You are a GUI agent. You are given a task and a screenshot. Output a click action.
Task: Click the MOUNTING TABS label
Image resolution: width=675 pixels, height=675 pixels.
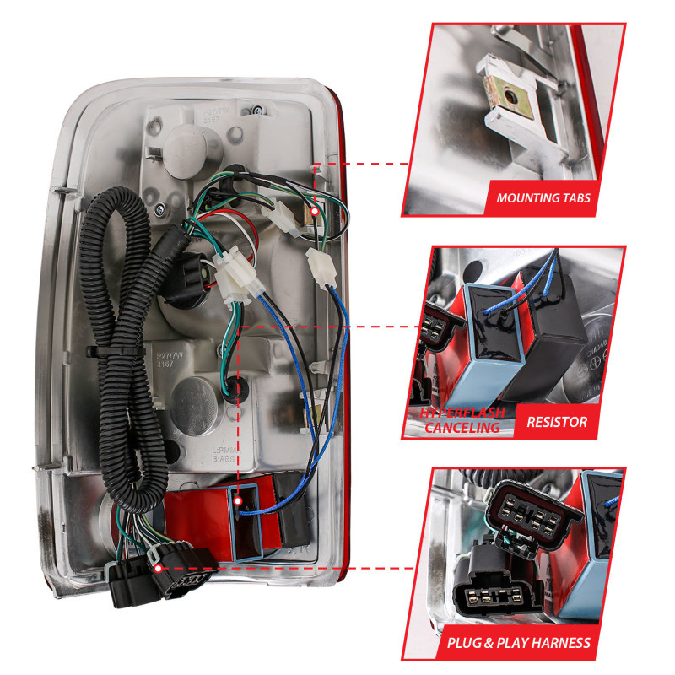[543, 199]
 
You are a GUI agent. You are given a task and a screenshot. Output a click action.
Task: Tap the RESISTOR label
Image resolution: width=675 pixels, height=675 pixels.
[556, 421]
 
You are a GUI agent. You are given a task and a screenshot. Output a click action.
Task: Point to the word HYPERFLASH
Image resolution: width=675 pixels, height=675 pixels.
[463, 413]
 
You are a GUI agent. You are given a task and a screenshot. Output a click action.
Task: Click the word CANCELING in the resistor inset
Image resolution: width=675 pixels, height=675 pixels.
[462, 428]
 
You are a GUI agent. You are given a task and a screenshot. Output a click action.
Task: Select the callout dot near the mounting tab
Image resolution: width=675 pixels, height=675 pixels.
[314, 210]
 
